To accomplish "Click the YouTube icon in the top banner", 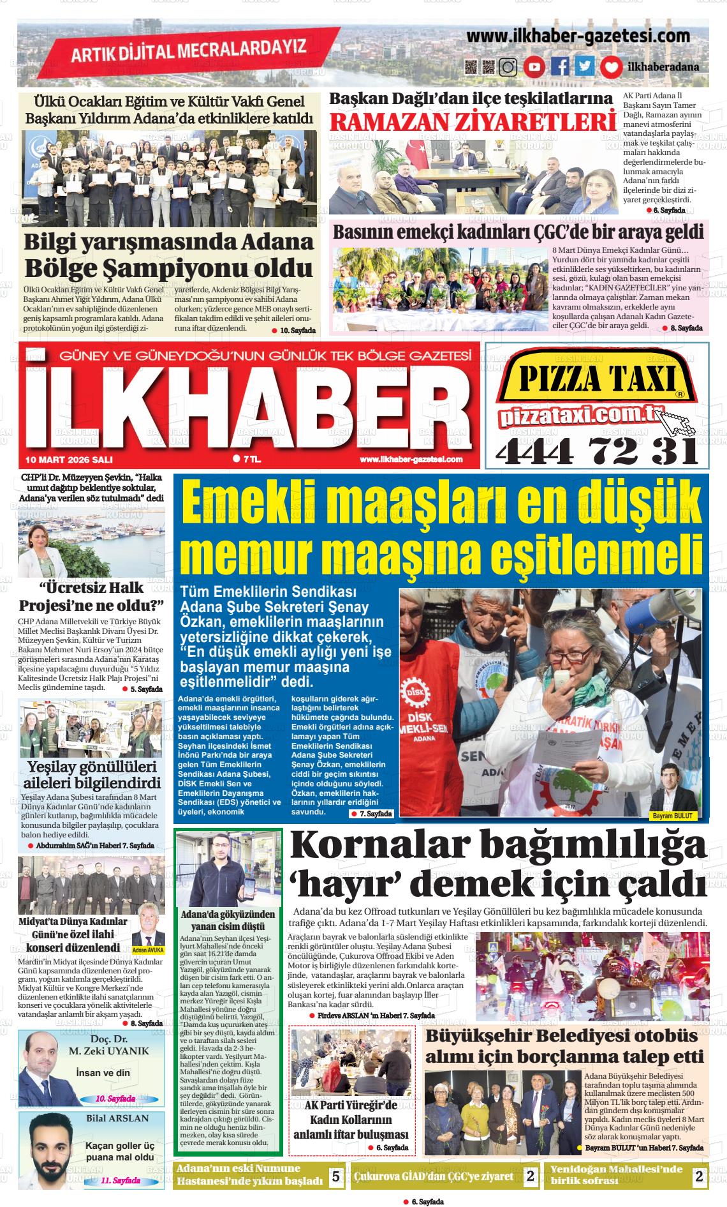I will pyautogui.click(x=534, y=67).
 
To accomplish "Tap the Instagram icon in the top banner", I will pyautogui.click(x=508, y=67).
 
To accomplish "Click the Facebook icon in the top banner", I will pyautogui.click(x=560, y=67).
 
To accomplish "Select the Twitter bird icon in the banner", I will pyautogui.click(x=584, y=67).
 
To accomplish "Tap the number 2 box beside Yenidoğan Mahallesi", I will pyautogui.click(x=699, y=1176).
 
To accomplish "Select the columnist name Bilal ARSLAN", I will pyautogui.click(x=117, y=1118).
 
